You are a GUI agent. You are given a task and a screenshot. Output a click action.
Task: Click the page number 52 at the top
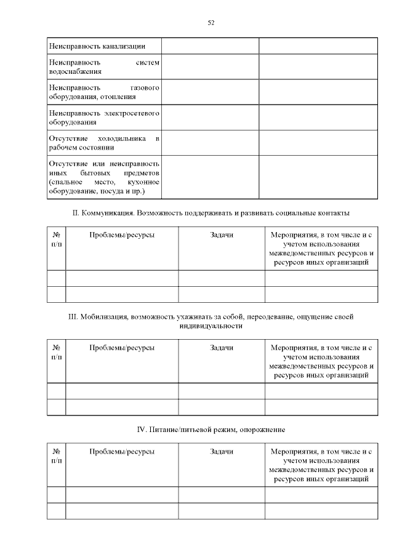point(211,23)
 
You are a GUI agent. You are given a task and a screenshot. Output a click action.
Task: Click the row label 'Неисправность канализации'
point(97,46)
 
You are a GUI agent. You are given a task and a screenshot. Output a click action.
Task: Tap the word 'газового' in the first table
point(145,87)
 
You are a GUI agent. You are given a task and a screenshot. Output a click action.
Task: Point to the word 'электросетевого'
point(131,113)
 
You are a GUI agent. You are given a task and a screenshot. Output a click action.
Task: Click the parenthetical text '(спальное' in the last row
point(64,182)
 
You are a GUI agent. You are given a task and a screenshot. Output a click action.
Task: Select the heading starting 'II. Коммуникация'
point(211,213)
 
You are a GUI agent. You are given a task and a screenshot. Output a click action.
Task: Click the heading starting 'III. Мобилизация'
point(211,317)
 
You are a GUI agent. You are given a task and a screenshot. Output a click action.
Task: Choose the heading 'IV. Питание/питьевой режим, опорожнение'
point(211,429)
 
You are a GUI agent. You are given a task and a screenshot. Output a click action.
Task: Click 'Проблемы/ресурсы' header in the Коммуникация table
point(122,235)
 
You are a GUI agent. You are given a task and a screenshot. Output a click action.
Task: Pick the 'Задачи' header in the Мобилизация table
point(222,348)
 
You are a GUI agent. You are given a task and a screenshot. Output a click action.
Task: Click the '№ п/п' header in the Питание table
point(57,456)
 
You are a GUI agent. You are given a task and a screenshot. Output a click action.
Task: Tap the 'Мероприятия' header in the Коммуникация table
point(321,249)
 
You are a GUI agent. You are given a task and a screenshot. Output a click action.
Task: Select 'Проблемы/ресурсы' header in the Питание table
point(122,452)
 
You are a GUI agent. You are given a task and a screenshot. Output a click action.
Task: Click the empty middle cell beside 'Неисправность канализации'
point(210,46)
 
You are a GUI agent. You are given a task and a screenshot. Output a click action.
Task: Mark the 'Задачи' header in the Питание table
point(222,452)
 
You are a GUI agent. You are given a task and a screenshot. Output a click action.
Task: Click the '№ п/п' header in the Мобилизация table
point(57,352)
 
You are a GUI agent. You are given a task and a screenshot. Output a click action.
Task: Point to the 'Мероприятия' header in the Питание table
point(321,465)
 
